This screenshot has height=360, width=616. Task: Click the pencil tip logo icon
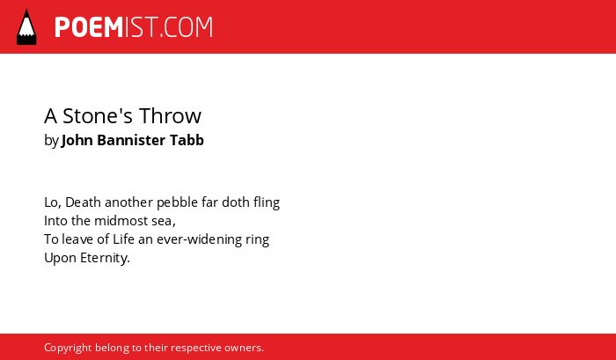[x=26, y=26]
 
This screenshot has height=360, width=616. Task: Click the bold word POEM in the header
[x=89, y=27]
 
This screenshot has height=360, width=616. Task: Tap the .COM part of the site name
[x=187, y=27]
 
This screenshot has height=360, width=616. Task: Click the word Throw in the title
[x=170, y=115]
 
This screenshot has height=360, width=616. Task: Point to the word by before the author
[x=51, y=141]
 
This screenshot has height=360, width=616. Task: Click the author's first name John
[x=77, y=140]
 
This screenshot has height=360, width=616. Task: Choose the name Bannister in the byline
[x=131, y=140]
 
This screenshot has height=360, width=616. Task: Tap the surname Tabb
[x=187, y=140]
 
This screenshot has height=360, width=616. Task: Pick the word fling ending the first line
[x=267, y=202]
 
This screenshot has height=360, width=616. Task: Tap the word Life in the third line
[x=124, y=239]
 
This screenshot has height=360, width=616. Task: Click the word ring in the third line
[x=258, y=240]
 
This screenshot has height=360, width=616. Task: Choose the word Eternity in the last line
[x=105, y=258]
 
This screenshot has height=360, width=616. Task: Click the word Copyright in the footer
[x=68, y=349]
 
